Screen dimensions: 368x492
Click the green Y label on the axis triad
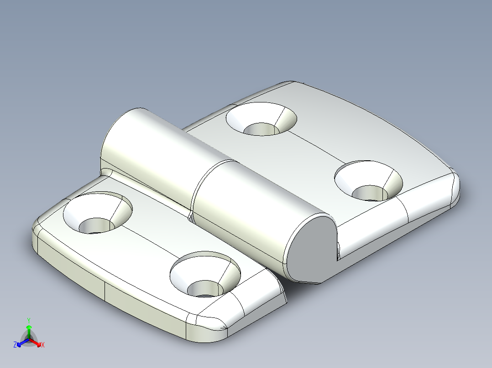point(29,320)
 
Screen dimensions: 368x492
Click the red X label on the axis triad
point(43,345)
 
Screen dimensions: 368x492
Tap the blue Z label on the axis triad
point(15,345)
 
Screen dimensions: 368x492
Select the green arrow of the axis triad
point(29,329)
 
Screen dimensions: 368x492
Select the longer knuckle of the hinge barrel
point(146,146)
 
